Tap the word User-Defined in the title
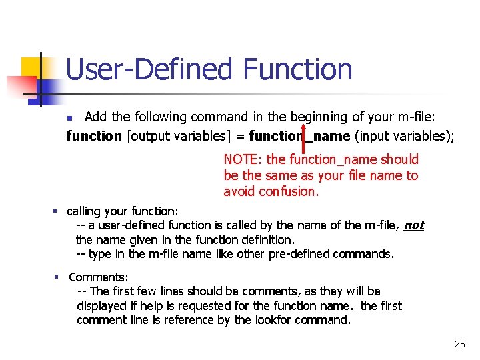150,69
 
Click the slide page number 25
459,345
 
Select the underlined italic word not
413,225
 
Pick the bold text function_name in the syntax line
299,137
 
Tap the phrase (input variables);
404,137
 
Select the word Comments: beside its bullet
99,277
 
